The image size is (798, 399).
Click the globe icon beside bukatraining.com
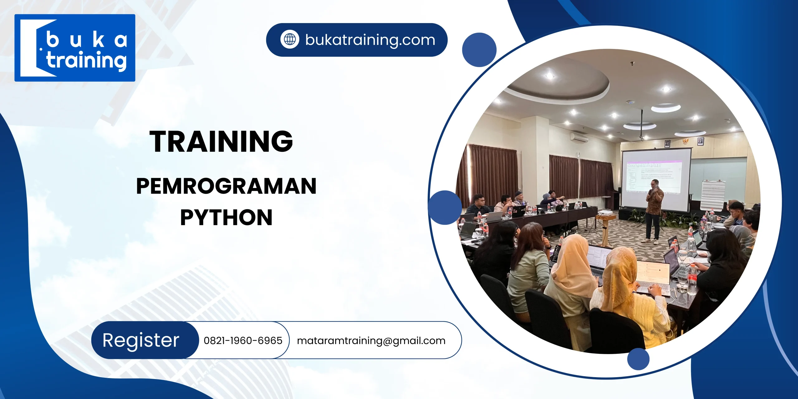(x=290, y=40)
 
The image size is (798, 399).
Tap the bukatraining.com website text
(x=370, y=40)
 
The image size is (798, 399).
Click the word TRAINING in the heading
(x=221, y=142)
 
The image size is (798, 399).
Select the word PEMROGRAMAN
(x=226, y=186)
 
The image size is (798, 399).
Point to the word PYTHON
(x=226, y=217)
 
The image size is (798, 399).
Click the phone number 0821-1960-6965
(x=243, y=340)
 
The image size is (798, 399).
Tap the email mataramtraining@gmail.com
(x=371, y=340)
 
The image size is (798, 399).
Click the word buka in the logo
(x=87, y=40)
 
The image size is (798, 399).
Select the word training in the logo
(x=87, y=61)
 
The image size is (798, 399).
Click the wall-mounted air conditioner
(x=579, y=138)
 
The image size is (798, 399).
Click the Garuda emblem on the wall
(x=683, y=141)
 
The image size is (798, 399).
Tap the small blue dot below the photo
(x=638, y=359)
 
